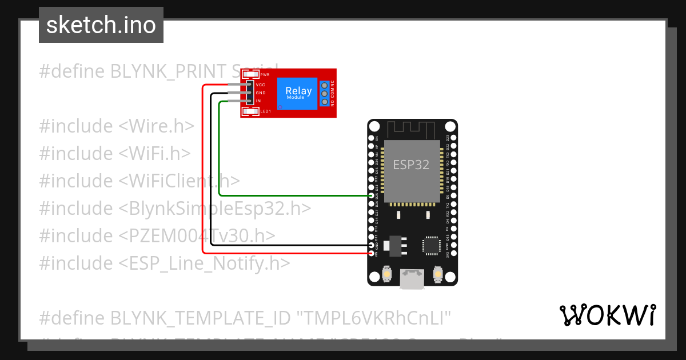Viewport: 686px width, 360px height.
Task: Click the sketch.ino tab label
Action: coord(101,25)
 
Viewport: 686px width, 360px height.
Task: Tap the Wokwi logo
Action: coord(607,315)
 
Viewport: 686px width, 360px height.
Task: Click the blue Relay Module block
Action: coord(298,93)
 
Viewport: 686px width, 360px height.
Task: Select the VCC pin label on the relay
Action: coord(261,85)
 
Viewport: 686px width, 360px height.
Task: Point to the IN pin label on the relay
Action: coord(258,101)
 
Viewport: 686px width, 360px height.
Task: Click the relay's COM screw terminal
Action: coord(325,93)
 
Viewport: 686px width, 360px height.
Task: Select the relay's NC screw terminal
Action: coord(325,85)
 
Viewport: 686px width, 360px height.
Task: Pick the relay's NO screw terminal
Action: coord(325,102)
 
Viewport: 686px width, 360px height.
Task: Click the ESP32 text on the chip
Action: coord(411,165)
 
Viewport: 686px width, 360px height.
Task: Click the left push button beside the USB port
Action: coord(387,275)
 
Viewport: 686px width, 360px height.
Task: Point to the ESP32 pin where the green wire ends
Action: coord(372,195)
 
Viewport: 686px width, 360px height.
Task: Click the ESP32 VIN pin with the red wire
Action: coord(372,253)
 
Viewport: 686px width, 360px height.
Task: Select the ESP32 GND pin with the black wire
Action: coord(372,245)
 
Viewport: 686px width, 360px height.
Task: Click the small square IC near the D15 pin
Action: coord(430,245)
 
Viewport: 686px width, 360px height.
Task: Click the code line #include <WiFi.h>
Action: coord(115,153)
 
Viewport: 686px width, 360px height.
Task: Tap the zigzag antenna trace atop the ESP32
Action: coord(412,129)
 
